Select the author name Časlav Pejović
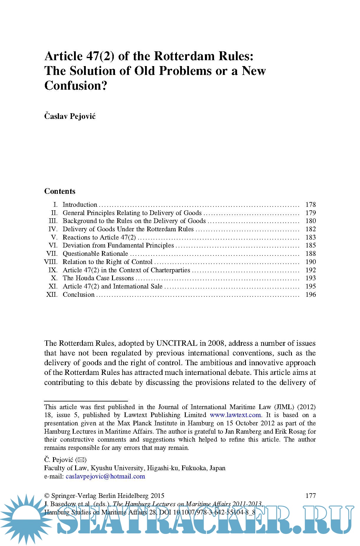coord(70,116)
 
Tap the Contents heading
coord(60,191)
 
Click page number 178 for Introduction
coord(310,205)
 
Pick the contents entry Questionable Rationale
coord(95,254)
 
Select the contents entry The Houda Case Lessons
coord(98,278)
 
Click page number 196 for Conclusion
coord(310,295)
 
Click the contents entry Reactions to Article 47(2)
coord(99,237)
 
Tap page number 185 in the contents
coord(310,245)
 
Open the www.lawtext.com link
coord(235,415)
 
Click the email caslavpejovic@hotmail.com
coord(105,476)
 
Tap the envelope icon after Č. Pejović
coord(81,460)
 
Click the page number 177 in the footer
coord(310,496)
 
